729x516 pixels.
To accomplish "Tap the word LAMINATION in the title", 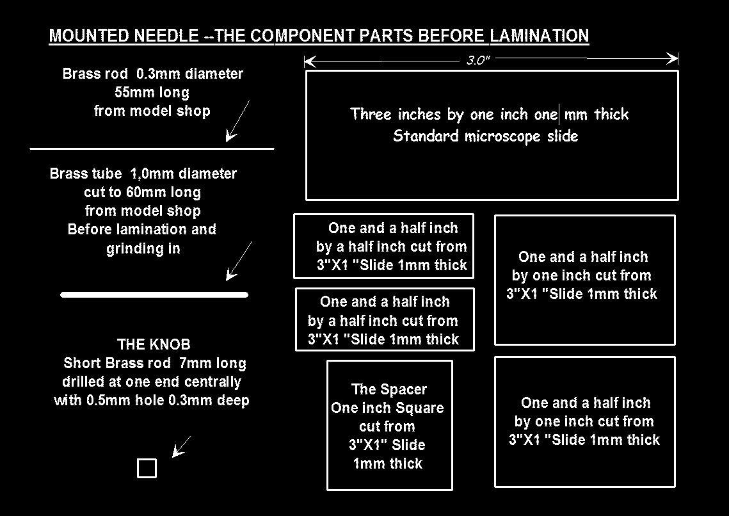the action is point(540,36).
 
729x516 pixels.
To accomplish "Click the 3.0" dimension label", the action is point(478,60).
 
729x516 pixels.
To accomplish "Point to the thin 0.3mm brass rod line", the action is point(152,149).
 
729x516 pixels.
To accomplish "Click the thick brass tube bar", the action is point(154,294).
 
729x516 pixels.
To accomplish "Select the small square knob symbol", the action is point(147,468).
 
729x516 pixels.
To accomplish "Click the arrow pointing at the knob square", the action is point(181,447).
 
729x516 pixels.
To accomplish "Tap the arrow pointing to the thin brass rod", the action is point(237,121).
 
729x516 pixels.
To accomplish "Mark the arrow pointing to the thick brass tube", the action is point(239,261).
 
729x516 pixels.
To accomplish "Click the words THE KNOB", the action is point(154,344).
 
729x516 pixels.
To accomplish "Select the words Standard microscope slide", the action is point(486,136).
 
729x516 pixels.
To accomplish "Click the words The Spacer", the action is point(389,389).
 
